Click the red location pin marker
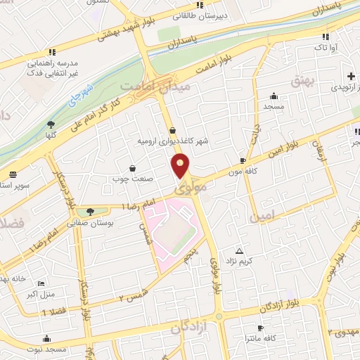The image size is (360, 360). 181,166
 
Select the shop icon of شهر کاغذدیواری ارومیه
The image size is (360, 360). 173,130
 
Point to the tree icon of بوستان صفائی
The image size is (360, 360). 89,212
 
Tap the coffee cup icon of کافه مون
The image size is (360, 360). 243,161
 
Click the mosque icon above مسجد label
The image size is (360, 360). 274,96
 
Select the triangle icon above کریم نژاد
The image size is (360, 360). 240,251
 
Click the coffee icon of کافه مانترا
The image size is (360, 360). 260,328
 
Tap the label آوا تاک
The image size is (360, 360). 325,47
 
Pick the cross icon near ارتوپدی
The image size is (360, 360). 349,76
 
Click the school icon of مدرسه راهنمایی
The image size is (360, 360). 51,52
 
